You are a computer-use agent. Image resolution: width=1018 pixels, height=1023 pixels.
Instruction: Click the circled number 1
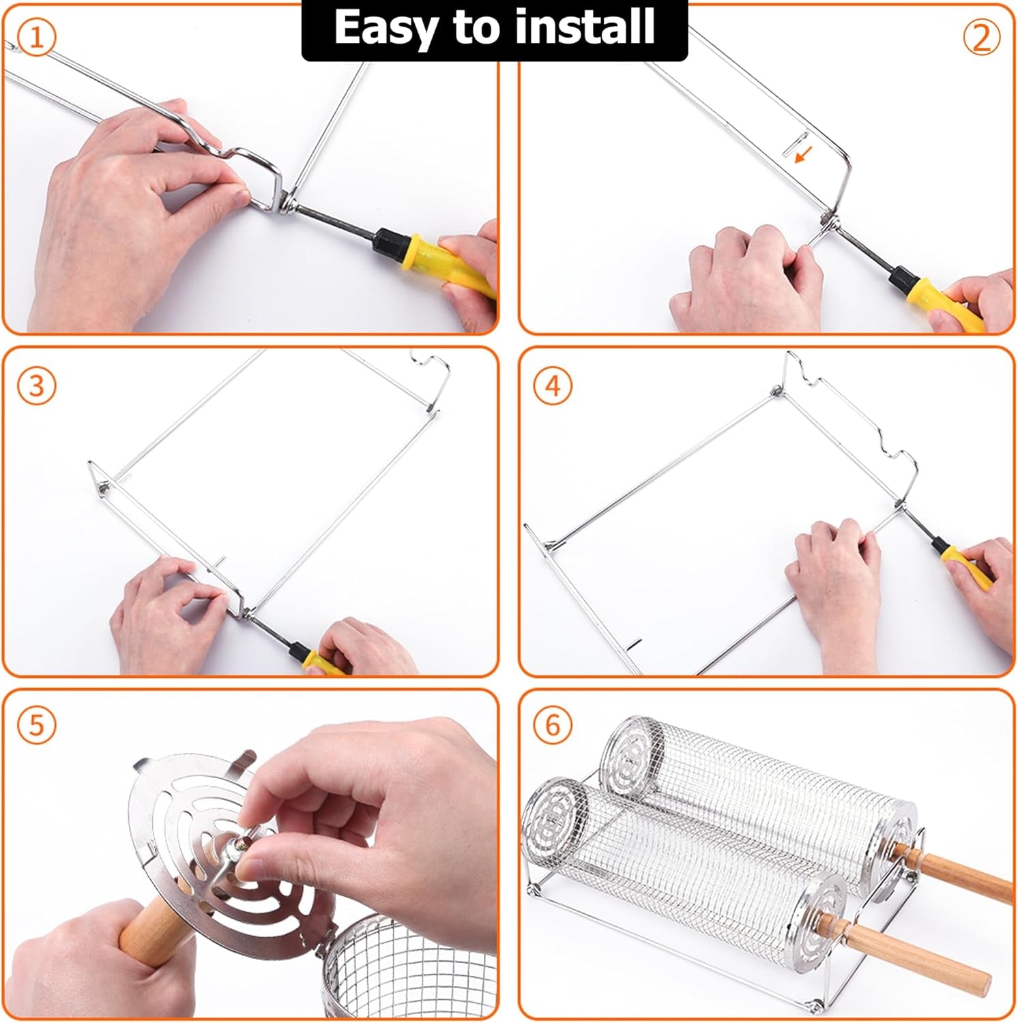[35, 37]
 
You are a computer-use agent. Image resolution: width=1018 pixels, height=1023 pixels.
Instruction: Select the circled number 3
[35, 386]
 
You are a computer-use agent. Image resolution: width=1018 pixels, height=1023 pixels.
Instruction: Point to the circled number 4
[553, 386]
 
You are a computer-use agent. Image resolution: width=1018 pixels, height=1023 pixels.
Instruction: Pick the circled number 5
[35, 724]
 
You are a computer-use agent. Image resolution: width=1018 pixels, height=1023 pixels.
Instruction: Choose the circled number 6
[553, 724]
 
